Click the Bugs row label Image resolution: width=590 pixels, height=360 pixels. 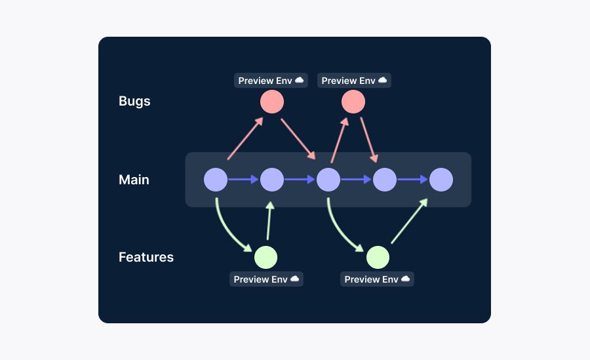(134, 101)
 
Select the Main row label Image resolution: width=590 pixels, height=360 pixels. (134, 180)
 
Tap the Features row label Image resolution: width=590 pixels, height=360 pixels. (146, 257)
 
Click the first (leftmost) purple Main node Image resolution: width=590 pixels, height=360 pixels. (216, 180)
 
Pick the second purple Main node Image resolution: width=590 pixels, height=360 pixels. (272, 180)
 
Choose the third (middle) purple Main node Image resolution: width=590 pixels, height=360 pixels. (328, 180)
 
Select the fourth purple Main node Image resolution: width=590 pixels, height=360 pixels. (385, 180)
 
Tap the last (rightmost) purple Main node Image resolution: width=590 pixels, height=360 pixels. (441, 180)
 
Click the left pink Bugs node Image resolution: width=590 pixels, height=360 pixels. (272, 102)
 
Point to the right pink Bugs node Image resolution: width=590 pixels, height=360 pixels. (353, 102)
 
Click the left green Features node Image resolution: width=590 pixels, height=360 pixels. (265, 257)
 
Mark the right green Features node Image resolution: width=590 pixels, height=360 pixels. (378, 257)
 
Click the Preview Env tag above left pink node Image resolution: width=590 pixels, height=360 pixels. (271, 81)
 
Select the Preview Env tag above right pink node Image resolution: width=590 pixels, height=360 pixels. (354, 81)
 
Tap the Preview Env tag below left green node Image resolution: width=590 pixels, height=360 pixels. (266, 279)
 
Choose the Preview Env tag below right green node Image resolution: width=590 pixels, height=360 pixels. (377, 279)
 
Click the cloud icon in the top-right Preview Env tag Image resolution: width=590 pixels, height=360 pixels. (383, 80)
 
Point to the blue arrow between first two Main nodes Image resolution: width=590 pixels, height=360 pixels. (244, 180)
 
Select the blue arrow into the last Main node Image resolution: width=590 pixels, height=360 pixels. (413, 180)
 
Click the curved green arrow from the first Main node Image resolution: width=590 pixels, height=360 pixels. (227, 230)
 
